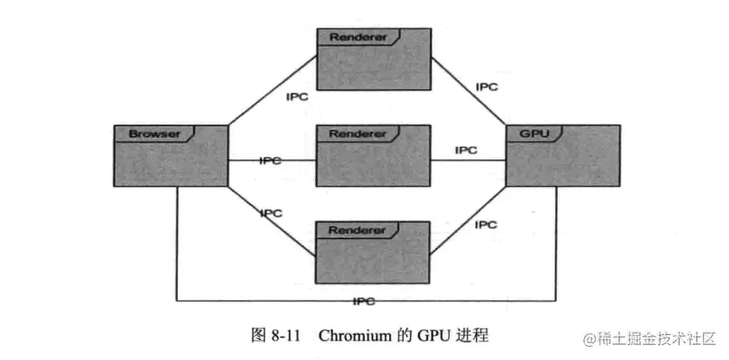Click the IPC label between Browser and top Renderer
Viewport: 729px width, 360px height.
point(298,97)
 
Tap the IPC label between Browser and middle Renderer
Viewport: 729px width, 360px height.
point(271,160)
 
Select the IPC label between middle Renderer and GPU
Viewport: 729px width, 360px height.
point(465,150)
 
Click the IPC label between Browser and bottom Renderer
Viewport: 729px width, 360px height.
point(271,214)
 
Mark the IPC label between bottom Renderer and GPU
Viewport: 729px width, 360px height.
point(485,224)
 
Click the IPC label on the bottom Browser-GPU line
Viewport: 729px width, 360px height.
point(363,300)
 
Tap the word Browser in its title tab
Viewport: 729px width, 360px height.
point(149,133)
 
